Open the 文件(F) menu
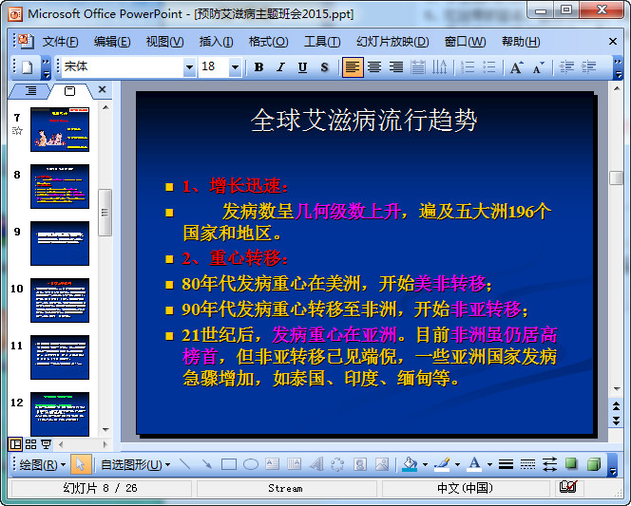(60, 42)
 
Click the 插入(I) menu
(216, 42)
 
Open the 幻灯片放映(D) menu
(392, 42)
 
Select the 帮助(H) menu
(520, 42)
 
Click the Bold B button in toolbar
(258, 67)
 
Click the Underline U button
(302, 67)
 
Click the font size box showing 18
(214, 67)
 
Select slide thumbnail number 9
(59, 243)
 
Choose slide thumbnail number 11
(59, 357)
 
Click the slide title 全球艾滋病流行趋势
(364, 121)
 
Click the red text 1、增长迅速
(235, 186)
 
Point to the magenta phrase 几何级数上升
(349, 211)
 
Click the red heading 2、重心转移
(235, 258)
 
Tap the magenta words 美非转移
(449, 284)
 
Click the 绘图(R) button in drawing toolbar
(42, 464)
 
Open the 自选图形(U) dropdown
(135, 464)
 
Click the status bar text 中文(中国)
(465, 488)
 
